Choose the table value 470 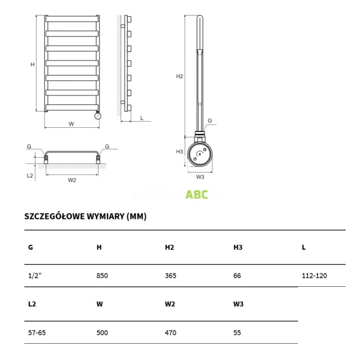tap(170, 332)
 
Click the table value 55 tap(238, 332)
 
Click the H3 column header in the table tap(238, 247)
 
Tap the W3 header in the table tap(238, 304)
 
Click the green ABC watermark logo tap(197, 194)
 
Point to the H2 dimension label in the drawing tap(179, 77)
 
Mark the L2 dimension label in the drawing tap(30, 175)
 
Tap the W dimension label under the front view tap(71, 124)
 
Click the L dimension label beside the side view tap(142, 118)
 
